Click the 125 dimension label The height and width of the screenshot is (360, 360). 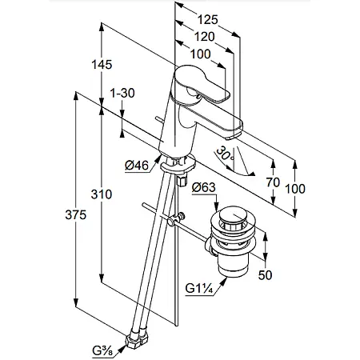(x=207, y=20)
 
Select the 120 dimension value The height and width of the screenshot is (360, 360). (x=204, y=37)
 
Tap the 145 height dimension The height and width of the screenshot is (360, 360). (x=102, y=65)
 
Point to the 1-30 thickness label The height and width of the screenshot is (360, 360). (x=122, y=93)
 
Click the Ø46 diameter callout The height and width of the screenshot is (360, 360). (x=137, y=166)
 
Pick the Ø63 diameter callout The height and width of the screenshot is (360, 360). (x=204, y=187)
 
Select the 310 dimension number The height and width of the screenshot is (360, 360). (x=102, y=194)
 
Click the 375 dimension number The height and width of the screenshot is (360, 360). (x=76, y=214)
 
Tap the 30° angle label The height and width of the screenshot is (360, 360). (x=225, y=154)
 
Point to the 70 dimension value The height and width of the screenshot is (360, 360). (x=273, y=182)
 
